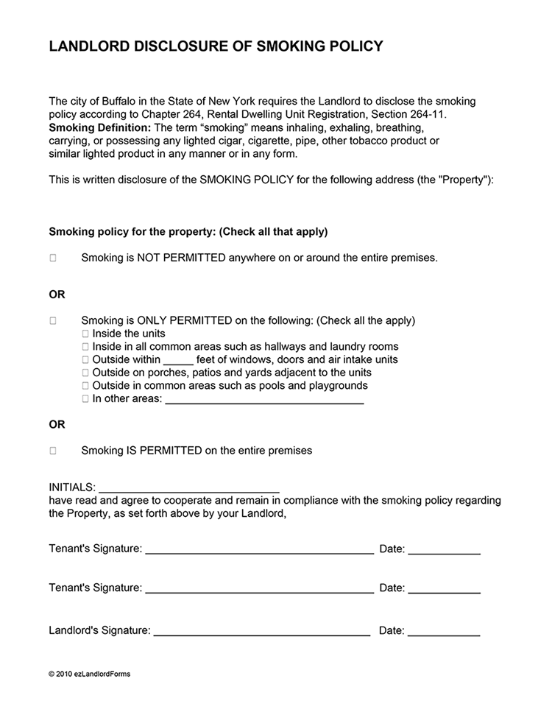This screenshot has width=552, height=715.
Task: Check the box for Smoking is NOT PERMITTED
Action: click(x=53, y=258)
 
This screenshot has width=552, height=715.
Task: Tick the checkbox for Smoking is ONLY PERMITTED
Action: click(x=53, y=321)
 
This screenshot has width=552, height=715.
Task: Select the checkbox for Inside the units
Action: click(x=85, y=334)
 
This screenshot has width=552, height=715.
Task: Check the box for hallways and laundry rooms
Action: click(x=85, y=347)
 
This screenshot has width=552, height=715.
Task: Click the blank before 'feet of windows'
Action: click(x=178, y=361)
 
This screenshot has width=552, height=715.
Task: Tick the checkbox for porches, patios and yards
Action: click(x=85, y=373)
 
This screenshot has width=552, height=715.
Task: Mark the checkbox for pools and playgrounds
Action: click(x=85, y=386)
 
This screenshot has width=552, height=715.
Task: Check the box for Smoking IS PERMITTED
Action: click(x=53, y=451)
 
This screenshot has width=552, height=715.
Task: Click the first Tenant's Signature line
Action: click(x=259, y=549)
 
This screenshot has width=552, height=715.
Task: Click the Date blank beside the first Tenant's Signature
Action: click(x=444, y=549)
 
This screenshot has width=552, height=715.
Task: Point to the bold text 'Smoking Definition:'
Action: click(x=99, y=127)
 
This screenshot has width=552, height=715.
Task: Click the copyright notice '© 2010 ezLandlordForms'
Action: click(x=89, y=674)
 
